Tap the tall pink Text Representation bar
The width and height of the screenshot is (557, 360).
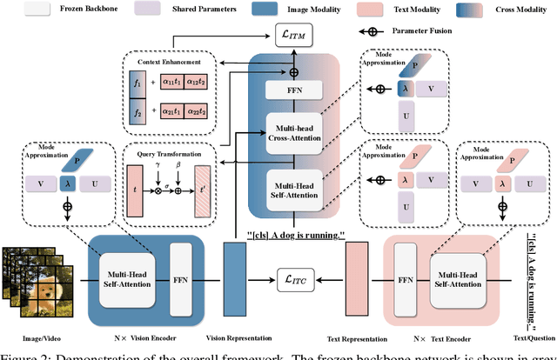[x=359, y=279]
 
